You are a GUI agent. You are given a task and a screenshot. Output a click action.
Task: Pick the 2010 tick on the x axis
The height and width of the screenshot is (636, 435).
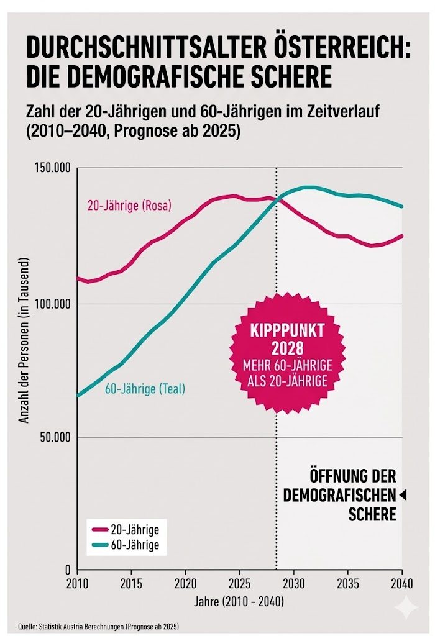pos(78,584)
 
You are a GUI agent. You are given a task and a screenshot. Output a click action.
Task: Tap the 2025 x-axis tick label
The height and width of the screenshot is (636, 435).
pos(239,584)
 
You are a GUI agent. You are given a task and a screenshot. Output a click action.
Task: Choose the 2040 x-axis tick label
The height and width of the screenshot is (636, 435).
pos(402,584)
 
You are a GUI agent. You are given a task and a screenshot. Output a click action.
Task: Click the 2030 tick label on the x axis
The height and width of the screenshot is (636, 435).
pos(293,584)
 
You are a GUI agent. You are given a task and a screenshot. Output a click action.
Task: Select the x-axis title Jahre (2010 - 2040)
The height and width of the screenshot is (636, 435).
pos(239,601)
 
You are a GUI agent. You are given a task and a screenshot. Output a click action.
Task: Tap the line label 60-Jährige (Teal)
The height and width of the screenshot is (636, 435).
pos(145,390)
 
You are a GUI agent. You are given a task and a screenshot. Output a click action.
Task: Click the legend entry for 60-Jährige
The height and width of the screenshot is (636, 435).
pos(134,545)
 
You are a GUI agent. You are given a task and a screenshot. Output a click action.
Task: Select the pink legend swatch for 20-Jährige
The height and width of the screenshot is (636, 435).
pos(99,530)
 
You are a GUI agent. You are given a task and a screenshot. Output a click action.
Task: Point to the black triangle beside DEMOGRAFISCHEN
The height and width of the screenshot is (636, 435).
pos(403,495)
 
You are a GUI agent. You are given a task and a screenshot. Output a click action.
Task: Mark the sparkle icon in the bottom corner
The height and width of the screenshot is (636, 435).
pos(406,607)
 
